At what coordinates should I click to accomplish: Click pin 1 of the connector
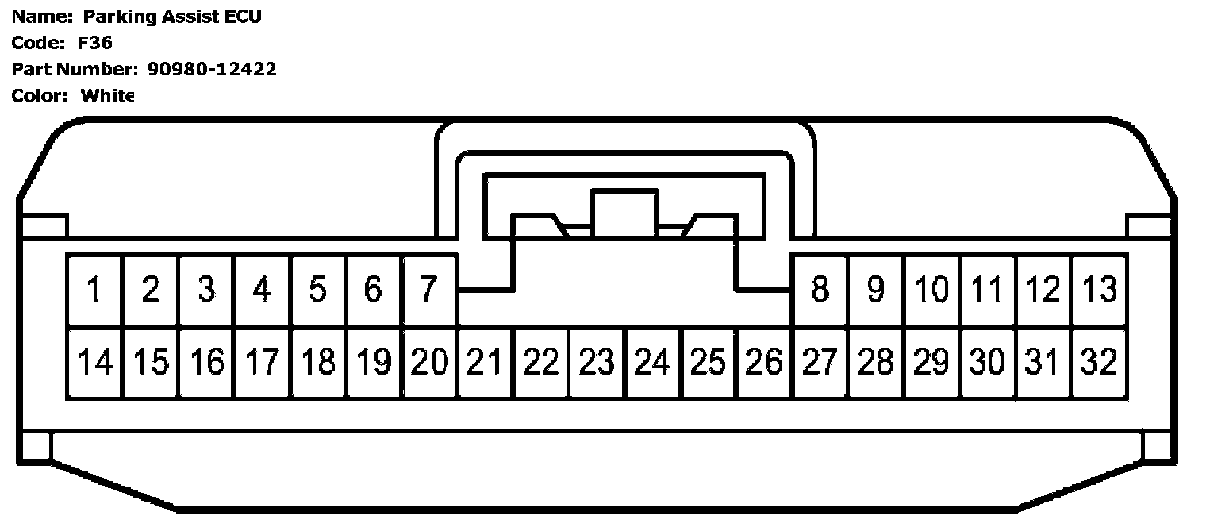(x=94, y=290)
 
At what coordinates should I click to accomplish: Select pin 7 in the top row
(x=429, y=290)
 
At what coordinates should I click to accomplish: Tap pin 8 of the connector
(x=820, y=290)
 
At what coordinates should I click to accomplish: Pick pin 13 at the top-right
(x=1100, y=290)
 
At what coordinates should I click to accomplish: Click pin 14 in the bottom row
(x=94, y=363)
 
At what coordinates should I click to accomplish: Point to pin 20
(x=429, y=363)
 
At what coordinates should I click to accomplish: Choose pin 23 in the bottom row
(x=597, y=363)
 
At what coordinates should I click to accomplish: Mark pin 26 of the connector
(x=764, y=363)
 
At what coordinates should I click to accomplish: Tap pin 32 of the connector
(x=1100, y=363)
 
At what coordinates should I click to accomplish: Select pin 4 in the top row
(x=262, y=290)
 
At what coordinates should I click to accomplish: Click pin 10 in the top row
(x=931, y=290)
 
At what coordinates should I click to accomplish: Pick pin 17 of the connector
(x=262, y=363)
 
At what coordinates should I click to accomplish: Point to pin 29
(x=931, y=363)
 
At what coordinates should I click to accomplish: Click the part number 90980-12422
(x=212, y=69)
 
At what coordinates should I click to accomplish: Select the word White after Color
(x=108, y=96)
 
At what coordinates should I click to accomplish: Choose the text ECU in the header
(x=243, y=17)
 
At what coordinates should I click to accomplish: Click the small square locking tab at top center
(x=624, y=210)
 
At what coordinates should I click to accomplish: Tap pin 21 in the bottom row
(x=485, y=363)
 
